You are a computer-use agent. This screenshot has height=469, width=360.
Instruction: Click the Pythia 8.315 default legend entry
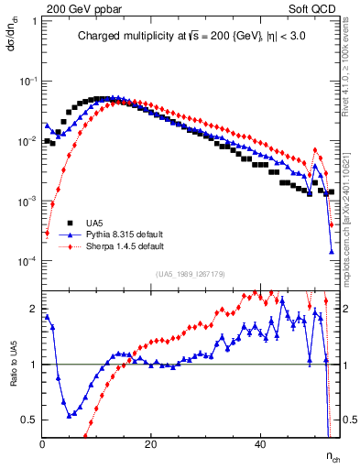(128, 234)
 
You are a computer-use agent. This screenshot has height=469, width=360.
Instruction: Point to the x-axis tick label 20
(151, 444)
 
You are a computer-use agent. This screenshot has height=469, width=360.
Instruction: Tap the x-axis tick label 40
(260, 444)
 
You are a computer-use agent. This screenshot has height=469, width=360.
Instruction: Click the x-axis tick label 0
(43, 444)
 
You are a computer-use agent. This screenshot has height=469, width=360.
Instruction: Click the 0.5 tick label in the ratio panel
(30, 420)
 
